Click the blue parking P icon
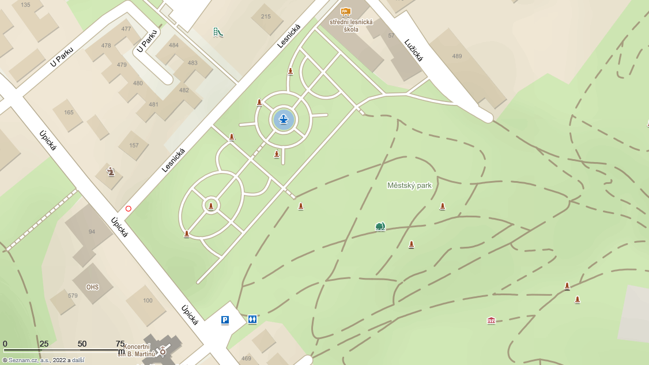click(225, 319)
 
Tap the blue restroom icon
click(252, 319)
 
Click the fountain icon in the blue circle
click(283, 119)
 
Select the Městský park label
click(409, 186)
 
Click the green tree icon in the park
click(380, 227)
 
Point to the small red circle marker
click(129, 209)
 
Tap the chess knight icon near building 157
click(111, 171)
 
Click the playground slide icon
click(218, 32)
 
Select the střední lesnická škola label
click(351, 25)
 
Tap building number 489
click(457, 57)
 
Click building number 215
click(266, 17)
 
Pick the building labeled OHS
click(92, 287)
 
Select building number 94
click(92, 232)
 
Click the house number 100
click(148, 300)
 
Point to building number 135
click(25, 5)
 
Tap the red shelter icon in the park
click(491, 320)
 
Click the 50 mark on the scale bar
click(82, 344)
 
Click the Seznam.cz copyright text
click(43, 360)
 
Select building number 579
click(73, 296)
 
